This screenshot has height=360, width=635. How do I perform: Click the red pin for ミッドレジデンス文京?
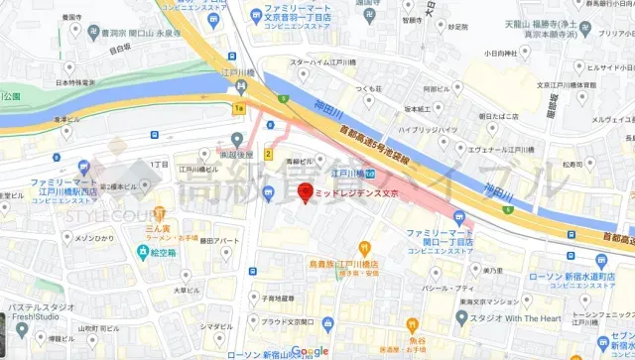click(x=307, y=192)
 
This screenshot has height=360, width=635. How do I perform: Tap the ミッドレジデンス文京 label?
click(x=356, y=194)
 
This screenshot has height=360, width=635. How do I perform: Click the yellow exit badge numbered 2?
click(x=268, y=154)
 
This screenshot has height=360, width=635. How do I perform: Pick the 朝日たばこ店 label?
click(x=497, y=116)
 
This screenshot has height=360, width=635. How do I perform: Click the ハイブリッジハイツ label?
click(x=427, y=129)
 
